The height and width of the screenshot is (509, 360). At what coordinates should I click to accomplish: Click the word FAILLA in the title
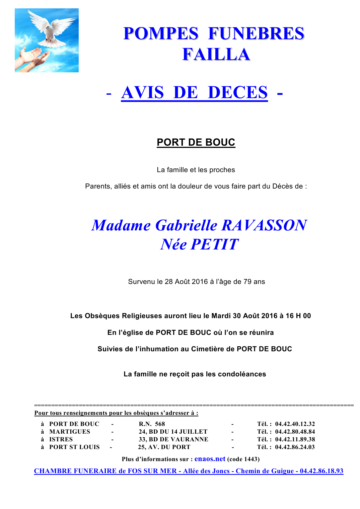coord(216,55)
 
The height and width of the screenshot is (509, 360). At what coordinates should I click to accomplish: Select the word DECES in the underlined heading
coord(237,93)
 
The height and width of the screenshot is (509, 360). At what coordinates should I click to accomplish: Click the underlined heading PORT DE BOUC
coord(196,142)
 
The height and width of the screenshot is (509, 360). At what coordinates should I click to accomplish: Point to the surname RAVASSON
coord(264,225)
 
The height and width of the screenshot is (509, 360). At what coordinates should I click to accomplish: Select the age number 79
coord(247,282)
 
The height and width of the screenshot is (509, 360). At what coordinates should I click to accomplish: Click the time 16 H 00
coord(298,316)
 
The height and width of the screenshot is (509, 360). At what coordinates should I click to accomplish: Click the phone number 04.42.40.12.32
coord(295,424)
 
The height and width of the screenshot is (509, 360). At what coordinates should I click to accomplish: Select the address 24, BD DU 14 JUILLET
coord(173,432)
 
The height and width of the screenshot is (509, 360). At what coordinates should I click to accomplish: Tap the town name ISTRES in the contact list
coord(61,439)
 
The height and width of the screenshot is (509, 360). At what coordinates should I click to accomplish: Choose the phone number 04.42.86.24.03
coord(295,447)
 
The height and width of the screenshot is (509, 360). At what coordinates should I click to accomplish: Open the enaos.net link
coord(210,459)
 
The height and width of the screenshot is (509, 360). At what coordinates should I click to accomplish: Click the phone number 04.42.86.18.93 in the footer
coord(321,471)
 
